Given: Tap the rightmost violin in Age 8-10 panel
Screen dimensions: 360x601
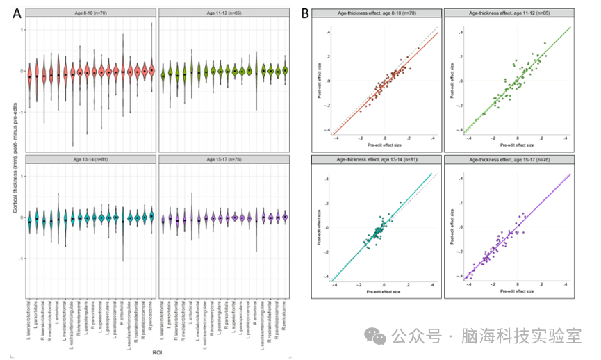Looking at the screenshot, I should (151, 70).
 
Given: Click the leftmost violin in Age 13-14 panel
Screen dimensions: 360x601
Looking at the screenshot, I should (29, 218).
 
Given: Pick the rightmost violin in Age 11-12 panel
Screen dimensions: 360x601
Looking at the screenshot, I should (284, 70).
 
